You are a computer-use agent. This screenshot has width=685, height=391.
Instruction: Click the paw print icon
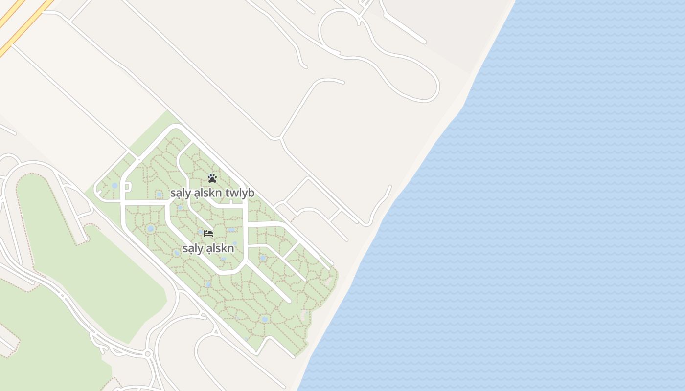pyautogui.click(x=212, y=178)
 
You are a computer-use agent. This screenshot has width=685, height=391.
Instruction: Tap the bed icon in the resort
pyautogui.click(x=208, y=234)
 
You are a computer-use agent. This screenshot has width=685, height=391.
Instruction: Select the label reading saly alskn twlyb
pyautogui.click(x=212, y=193)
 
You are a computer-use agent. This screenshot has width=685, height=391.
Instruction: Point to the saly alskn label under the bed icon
pyautogui.click(x=208, y=248)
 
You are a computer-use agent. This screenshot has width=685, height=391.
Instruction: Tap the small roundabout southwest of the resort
pyautogui.click(x=148, y=353)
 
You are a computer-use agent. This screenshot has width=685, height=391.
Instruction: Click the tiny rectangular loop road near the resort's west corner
pyautogui.click(x=126, y=187)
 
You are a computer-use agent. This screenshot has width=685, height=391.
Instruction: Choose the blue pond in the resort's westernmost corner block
pyautogui.click(x=114, y=186)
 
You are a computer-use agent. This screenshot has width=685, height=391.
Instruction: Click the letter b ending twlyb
pyautogui.click(x=251, y=193)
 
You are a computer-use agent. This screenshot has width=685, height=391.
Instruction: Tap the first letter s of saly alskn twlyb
pyautogui.click(x=173, y=194)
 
